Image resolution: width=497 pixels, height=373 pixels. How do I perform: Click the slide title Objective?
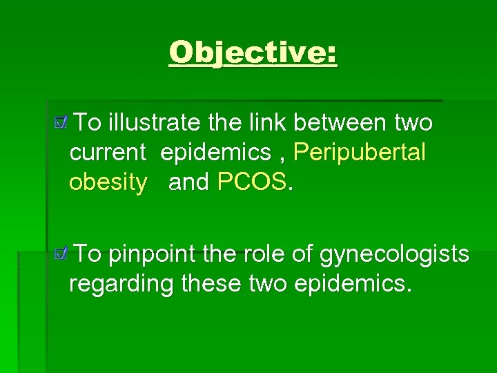pos(253,52)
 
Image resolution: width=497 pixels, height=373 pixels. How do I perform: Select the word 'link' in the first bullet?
pos(267,123)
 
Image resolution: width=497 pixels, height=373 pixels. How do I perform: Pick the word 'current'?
pos(108,153)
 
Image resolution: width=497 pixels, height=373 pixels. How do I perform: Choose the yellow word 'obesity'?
pos(108,182)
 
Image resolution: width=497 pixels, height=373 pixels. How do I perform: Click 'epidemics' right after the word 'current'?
pos(215,153)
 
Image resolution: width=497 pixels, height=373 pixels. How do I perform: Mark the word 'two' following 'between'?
pos(413,123)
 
